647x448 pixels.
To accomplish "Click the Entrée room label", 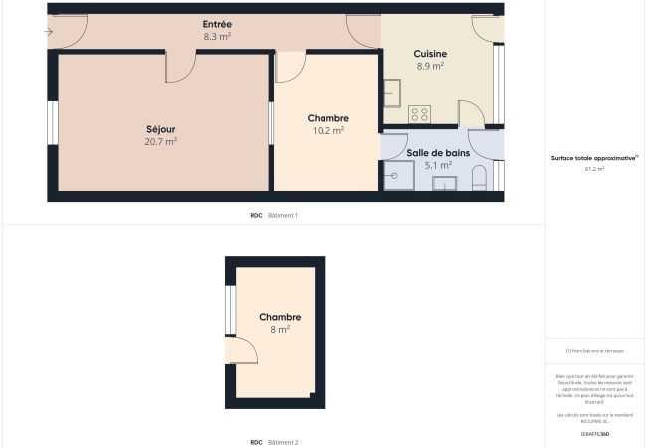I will point(217,24).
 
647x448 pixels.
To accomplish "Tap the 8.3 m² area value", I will point(217,36).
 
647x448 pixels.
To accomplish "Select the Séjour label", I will point(160,129).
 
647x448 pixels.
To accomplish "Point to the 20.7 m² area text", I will point(160,142).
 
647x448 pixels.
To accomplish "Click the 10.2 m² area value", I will point(326,130).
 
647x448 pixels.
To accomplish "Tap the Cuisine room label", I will point(430,54).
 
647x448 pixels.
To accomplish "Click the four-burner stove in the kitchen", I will point(420,113).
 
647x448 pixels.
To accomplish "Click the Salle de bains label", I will point(438,153).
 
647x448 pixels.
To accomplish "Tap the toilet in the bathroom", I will point(480,180).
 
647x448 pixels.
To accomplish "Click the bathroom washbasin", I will point(444,183).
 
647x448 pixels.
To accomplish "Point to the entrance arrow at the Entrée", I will point(49,32).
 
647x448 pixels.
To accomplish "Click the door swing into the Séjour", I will point(180,68).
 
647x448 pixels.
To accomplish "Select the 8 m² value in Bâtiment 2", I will point(279,329).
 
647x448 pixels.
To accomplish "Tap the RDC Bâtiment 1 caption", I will point(274,215).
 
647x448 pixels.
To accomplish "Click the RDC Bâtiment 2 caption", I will point(274,442).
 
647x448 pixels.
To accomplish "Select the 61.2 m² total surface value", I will point(595,169).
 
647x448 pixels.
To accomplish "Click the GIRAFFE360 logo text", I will point(595,434).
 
